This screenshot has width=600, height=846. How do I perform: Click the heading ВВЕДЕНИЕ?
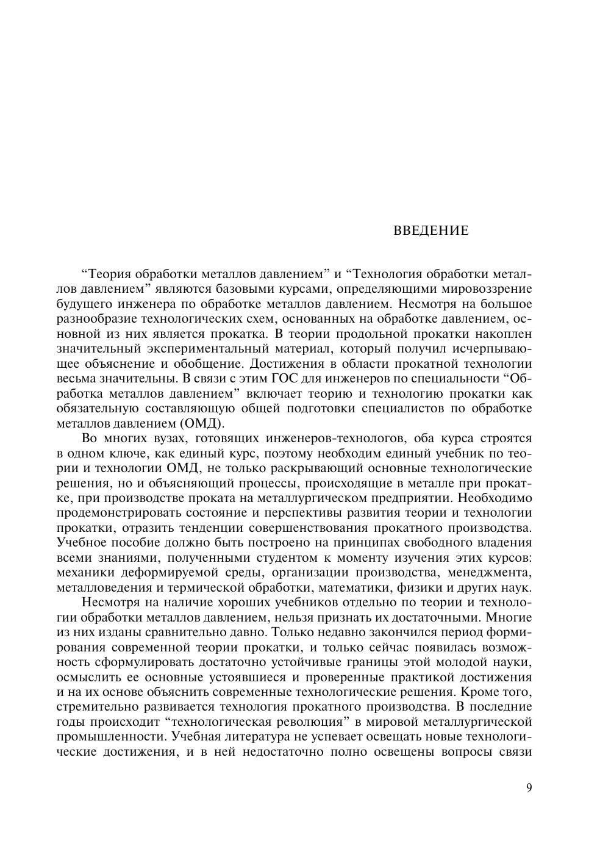(x=431, y=231)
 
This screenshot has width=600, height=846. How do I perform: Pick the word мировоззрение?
(x=490, y=289)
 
